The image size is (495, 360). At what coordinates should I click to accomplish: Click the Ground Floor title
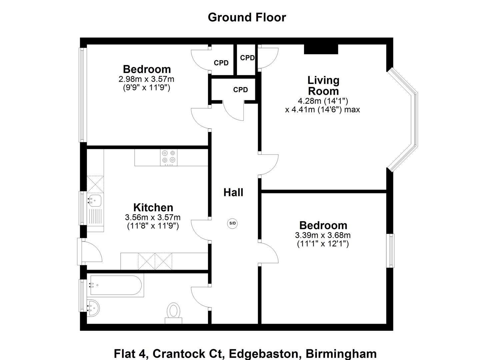pyautogui.click(x=247, y=17)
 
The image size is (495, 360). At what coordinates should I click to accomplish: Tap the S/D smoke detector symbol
pyautogui.click(x=233, y=223)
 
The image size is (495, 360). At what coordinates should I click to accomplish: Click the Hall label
pyautogui.click(x=233, y=192)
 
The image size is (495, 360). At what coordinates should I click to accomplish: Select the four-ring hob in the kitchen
pyautogui.click(x=168, y=157)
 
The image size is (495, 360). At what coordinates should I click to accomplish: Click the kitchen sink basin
pyautogui.click(x=95, y=200)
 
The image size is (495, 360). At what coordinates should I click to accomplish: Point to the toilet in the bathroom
pyautogui.click(x=173, y=312)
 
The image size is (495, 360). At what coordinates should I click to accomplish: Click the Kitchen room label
pyautogui.click(x=153, y=207)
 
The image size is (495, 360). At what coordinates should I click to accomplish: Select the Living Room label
pyautogui.click(x=323, y=85)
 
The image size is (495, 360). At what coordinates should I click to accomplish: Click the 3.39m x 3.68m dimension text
pyautogui.click(x=323, y=235)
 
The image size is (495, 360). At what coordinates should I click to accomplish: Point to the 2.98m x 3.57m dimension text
pyautogui.click(x=146, y=79)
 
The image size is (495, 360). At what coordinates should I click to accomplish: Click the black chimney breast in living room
pyautogui.click(x=321, y=49)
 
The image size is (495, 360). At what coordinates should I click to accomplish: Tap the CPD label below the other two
pyautogui.click(x=240, y=90)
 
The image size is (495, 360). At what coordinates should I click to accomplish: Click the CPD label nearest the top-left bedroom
pyautogui.click(x=221, y=63)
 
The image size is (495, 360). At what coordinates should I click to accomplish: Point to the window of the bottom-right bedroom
pyautogui.click(x=390, y=250)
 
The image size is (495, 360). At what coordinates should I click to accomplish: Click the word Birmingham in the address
pyautogui.click(x=341, y=353)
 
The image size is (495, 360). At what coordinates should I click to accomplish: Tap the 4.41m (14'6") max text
pyautogui.click(x=322, y=109)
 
